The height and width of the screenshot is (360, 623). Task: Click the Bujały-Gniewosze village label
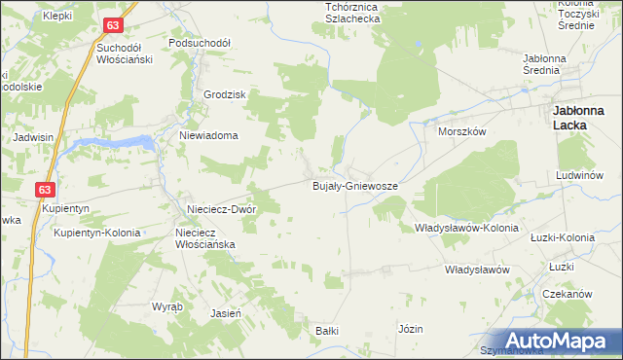(x=354, y=185)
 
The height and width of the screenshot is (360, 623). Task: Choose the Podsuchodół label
(x=199, y=44)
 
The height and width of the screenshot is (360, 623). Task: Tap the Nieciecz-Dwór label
(x=221, y=209)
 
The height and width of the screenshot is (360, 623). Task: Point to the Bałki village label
(x=326, y=331)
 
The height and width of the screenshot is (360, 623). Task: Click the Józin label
(x=410, y=329)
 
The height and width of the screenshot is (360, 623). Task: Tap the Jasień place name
(x=226, y=313)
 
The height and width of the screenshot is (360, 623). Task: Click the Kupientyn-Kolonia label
(x=97, y=234)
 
